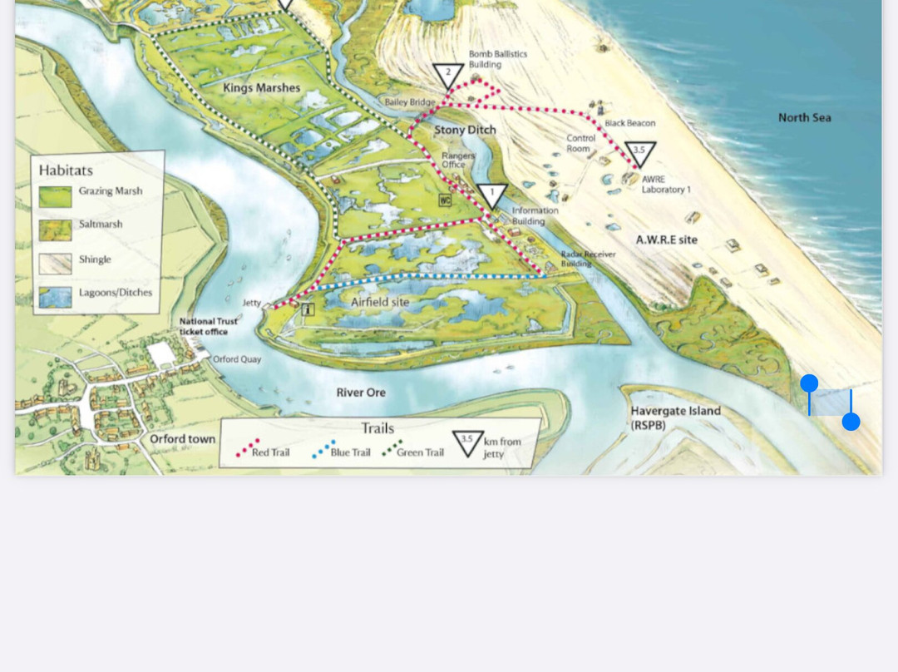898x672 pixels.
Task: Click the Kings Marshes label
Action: (261, 87)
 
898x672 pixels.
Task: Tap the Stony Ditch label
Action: (465, 130)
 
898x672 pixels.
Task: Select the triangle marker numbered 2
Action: (448, 75)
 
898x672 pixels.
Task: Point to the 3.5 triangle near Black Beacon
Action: (639, 153)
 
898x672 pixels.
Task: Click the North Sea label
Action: (804, 117)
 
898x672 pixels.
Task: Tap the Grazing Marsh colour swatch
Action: (55, 196)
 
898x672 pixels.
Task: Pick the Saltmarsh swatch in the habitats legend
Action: (55, 230)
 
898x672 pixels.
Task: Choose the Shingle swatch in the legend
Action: (55, 264)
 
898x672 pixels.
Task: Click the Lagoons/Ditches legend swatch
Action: (55, 297)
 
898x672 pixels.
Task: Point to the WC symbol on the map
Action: (446, 200)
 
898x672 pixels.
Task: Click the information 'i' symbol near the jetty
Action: (308, 309)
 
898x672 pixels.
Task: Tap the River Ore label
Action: (361, 393)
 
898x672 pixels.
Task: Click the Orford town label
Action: (182, 439)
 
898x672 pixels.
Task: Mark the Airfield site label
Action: (379, 302)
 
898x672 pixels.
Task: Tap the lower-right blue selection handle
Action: (851, 422)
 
